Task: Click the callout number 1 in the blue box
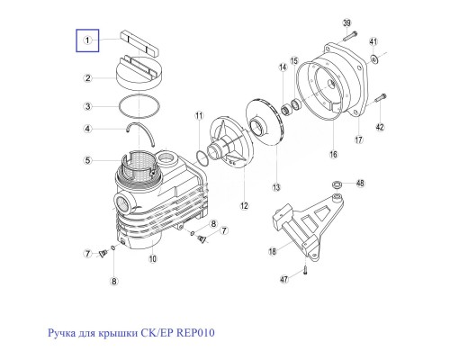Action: [86, 40]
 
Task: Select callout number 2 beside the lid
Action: [86, 78]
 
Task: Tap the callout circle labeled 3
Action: [86, 106]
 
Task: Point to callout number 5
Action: [86, 161]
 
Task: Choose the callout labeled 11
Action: [200, 117]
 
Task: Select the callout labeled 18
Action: [274, 254]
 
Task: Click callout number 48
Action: [360, 184]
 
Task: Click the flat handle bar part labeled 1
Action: [140, 41]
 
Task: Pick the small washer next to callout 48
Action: [337, 184]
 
